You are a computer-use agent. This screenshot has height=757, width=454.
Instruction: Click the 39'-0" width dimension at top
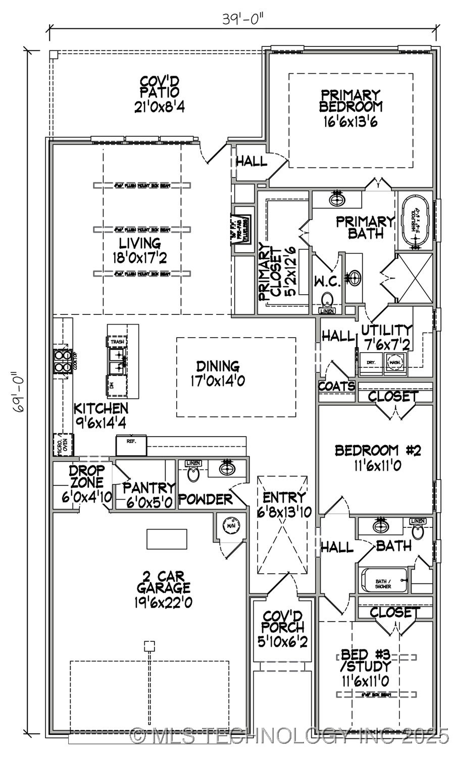243,19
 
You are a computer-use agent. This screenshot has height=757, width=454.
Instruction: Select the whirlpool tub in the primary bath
416,222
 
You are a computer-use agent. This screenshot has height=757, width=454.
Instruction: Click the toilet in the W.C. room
328,299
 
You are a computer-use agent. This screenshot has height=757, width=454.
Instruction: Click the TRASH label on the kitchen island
117,342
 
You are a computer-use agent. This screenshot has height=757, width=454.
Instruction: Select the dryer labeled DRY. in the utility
371,362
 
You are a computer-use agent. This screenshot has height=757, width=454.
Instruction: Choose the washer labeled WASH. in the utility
394,362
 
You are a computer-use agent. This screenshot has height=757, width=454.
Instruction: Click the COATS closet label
336,387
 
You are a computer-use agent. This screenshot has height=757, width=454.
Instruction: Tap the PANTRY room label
149,488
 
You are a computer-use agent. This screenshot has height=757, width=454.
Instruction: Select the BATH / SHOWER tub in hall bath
384,581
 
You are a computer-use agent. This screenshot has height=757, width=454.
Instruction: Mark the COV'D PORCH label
283,622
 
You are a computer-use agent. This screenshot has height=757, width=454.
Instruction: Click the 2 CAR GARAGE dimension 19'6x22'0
163,602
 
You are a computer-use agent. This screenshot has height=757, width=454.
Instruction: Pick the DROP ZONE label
87,477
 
